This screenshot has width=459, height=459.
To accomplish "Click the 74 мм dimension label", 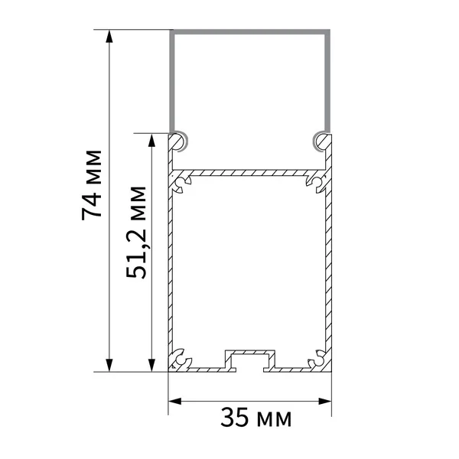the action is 92,185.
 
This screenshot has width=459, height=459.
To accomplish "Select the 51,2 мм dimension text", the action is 136,232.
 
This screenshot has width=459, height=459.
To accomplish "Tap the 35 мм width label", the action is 256,418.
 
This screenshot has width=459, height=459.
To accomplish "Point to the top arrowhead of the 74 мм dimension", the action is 109,36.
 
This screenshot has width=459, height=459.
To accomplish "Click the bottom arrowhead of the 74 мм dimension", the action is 109,365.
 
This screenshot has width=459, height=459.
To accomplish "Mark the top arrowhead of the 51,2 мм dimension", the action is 151,140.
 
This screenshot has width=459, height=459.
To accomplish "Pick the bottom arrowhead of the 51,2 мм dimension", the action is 151,365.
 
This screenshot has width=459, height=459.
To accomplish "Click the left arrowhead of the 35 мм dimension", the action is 174,401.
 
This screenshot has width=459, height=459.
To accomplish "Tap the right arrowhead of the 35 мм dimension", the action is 325,401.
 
